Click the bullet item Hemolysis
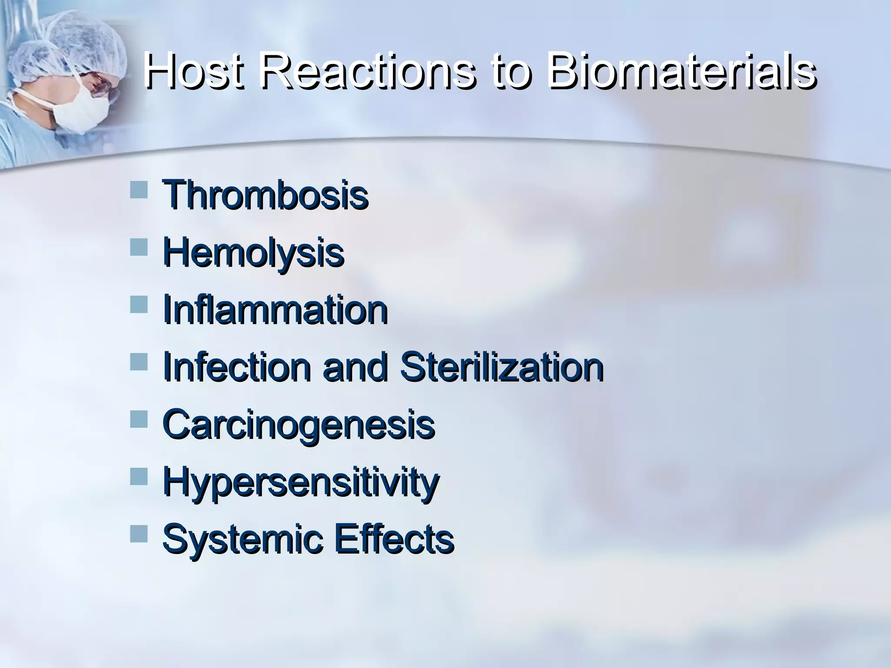[x=253, y=254]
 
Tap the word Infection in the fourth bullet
[x=237, y=367]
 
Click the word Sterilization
[x=501, y=367]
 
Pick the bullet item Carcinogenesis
[x=298, y=425]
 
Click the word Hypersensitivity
[x=301, y=483]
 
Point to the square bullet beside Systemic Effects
[x=139, y=534]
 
